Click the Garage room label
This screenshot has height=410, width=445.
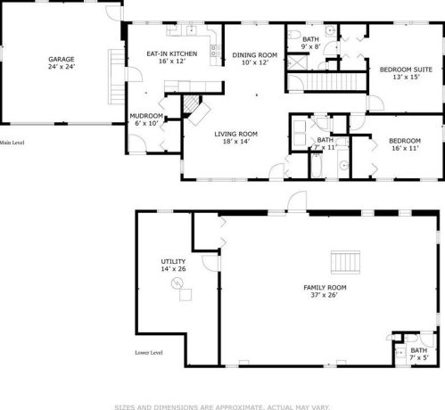[x=62, y=62]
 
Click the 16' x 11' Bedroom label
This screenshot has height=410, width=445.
[x=404, y=143]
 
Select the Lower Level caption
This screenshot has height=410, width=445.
[x=149, y=352]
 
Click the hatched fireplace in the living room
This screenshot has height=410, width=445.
[x=194, y=106]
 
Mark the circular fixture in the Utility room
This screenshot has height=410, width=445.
[x=177, y=283]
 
